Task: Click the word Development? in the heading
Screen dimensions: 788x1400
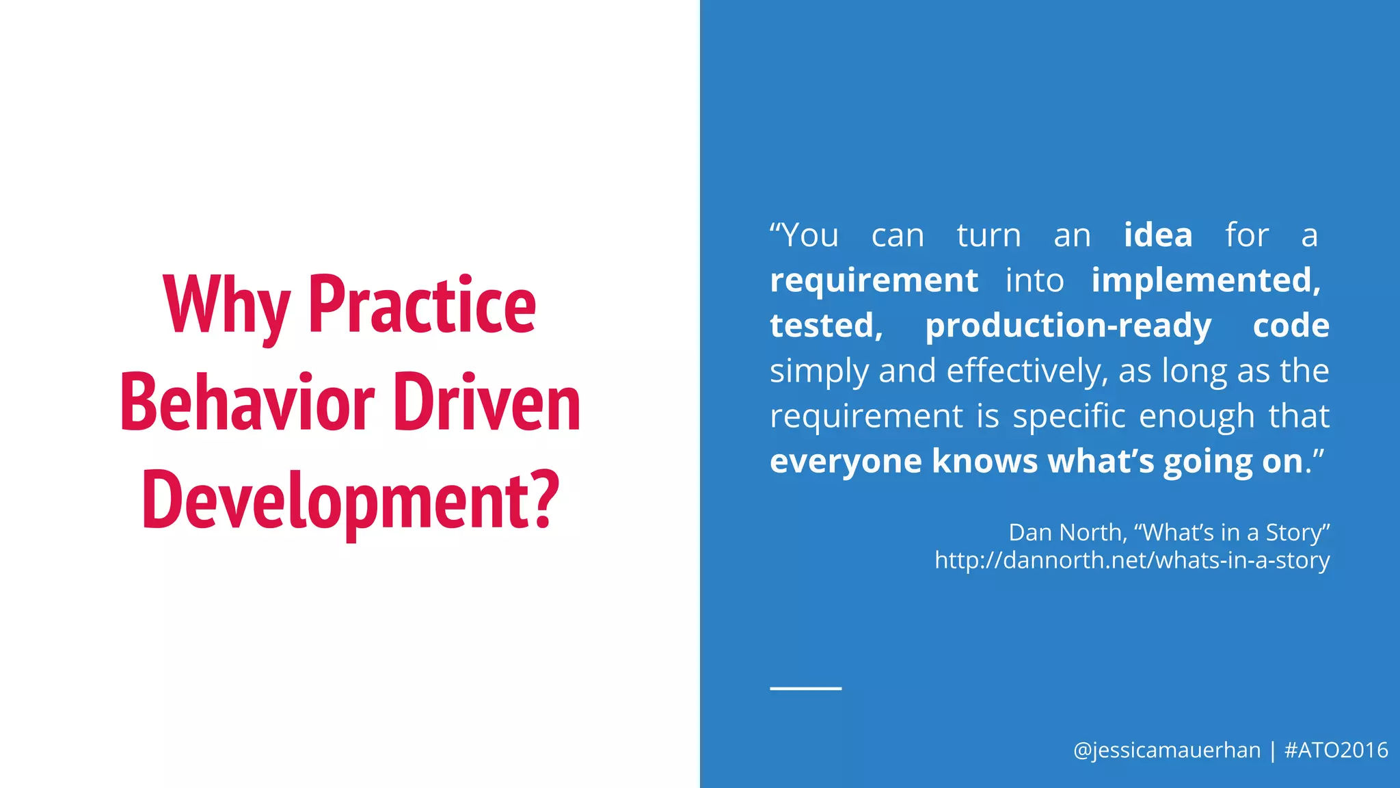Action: pos(350,501)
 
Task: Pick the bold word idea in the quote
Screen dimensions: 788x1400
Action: pos(1158,235)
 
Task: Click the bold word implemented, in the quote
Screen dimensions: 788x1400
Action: pos(1206,280)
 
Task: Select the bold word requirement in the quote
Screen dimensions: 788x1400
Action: pos(874,280)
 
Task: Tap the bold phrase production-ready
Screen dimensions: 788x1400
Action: pos(1068,326)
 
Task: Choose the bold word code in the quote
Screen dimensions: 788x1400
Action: pos(1291,326)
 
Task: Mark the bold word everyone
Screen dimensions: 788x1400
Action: pos(845,461)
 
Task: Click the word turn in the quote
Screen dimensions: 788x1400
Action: pos(988,235)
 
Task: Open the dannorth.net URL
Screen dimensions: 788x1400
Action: pos(1132,560)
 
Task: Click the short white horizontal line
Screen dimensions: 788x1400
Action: pos(805,688)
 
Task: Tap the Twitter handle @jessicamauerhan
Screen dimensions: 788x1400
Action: pos(1166,750)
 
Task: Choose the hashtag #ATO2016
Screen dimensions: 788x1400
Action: pos(1336,750)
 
